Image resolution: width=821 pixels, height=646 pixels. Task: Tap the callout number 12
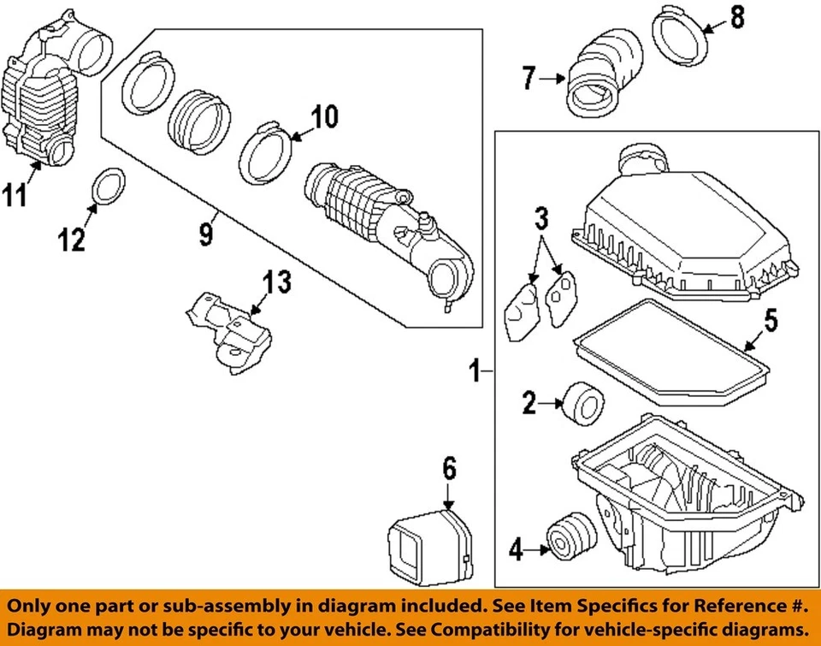pyautogui.click(x=72, y=240)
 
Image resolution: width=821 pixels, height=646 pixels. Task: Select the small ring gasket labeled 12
pyautogui.click(x=106, y=187)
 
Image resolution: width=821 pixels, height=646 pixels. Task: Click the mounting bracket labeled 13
pyautogui.click(x=229, y=329)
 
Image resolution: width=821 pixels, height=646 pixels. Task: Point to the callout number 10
pyautogui.click(x=324, y=117)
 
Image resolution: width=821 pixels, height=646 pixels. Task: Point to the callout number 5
pyautogui.click(x=771, y=321)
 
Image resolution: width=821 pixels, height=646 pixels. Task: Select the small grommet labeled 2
pyautogui.click(x=582, y=402)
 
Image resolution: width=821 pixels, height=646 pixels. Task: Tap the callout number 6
pyautogui.click(x=449, y=467)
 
